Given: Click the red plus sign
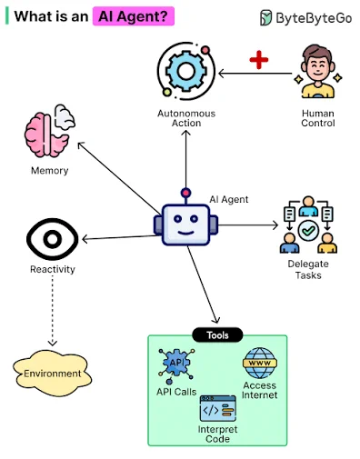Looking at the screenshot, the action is pos(259,59).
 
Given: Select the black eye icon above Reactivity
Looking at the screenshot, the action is pos(53,239).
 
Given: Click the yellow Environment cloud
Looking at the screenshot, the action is pos(52,374).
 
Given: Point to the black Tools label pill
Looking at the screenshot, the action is pos(217,335).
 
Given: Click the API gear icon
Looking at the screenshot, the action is pos(176,364).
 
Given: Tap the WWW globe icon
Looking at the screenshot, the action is pos(260,363).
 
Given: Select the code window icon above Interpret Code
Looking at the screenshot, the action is pos(217,408).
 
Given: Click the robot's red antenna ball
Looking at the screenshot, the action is pos(185,193).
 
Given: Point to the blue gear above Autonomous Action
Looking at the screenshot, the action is pos(186,72).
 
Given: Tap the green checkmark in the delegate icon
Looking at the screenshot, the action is pos(308,231).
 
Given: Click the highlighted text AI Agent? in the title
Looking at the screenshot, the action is pos(134,16).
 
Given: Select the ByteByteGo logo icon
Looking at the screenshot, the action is pos(265,17).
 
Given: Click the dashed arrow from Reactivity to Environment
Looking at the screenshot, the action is pos(53,311).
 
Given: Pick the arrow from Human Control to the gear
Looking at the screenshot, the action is pos(255,74).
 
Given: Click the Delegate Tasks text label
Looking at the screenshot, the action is pos(308,269).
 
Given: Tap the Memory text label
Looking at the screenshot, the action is pos(50,171).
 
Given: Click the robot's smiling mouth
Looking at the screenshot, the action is pos(185,233).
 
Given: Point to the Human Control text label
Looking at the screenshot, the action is pos(318,118).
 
